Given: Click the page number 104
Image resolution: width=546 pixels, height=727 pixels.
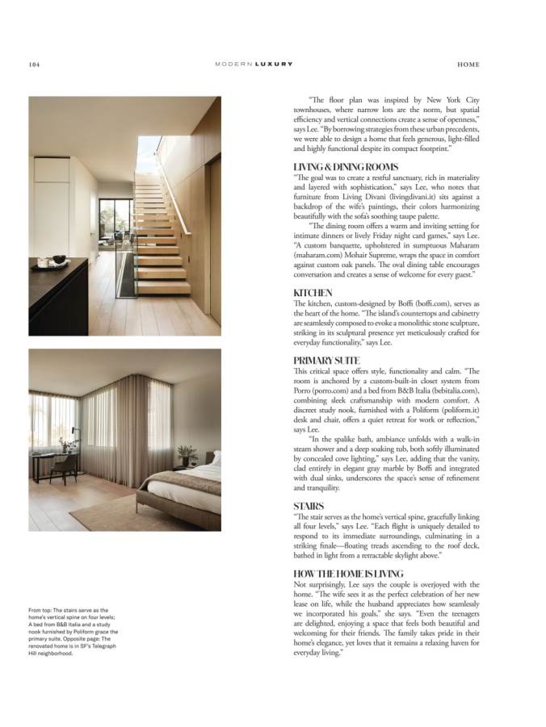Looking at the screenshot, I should tap(35, 65).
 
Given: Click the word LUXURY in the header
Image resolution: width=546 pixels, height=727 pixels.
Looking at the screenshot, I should tap(274, 65).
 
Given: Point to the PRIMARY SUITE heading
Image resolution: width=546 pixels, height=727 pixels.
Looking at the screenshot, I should tap(326, 360).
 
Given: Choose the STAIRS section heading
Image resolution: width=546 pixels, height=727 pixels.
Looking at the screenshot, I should tap(309, 506).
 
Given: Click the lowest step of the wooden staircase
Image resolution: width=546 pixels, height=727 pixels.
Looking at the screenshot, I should tap(162, 288).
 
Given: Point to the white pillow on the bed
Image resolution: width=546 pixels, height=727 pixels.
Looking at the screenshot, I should tap(216, 459).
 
